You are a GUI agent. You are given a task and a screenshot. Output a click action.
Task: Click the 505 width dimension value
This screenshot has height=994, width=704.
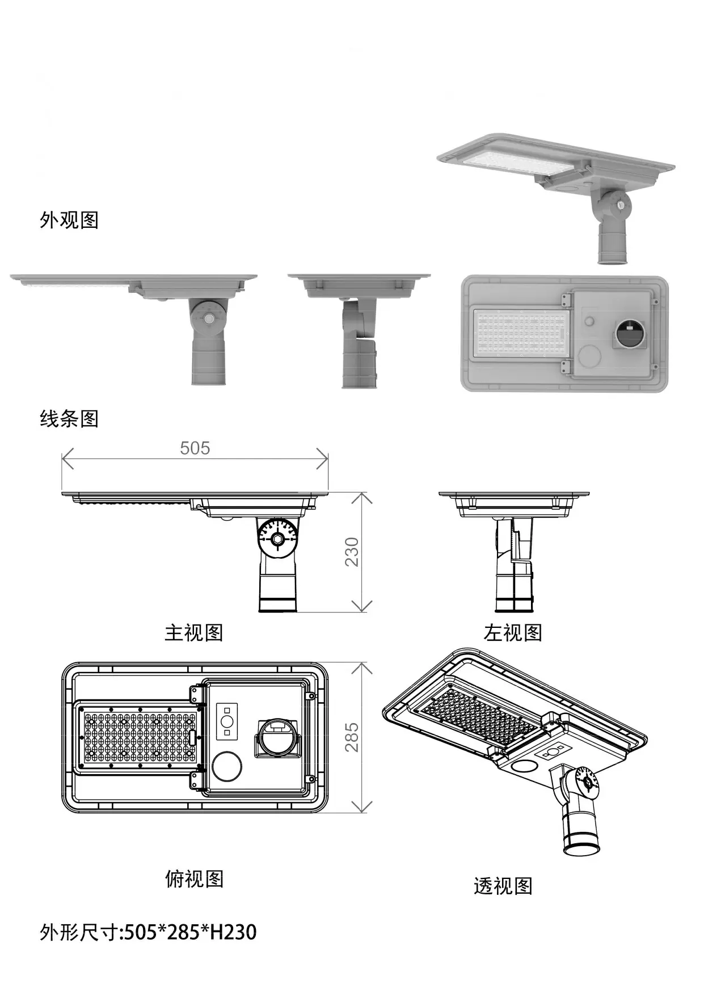coord(195,448)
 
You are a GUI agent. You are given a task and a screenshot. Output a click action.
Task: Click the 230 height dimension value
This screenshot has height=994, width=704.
coord(352,551)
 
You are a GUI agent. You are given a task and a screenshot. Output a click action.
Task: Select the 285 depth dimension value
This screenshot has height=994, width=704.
coord(352,737)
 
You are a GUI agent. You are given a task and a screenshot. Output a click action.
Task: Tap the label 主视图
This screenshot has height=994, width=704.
coord(194,632)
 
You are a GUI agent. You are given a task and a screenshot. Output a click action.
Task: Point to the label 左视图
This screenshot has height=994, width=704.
coord(513,632)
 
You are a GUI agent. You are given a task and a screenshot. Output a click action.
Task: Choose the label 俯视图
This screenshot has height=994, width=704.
coord(194,878)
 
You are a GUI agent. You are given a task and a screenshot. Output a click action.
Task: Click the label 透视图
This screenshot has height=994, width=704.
coord(503,885)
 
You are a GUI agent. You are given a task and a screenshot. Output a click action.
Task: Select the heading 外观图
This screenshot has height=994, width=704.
coord(69,220)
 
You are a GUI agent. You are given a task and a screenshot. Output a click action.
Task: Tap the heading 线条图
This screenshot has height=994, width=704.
coord(69,419)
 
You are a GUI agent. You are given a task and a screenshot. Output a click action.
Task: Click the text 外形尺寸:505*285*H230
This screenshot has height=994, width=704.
coord(148,932)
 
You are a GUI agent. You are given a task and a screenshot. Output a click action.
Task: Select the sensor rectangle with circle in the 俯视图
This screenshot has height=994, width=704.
coord(227,722)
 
